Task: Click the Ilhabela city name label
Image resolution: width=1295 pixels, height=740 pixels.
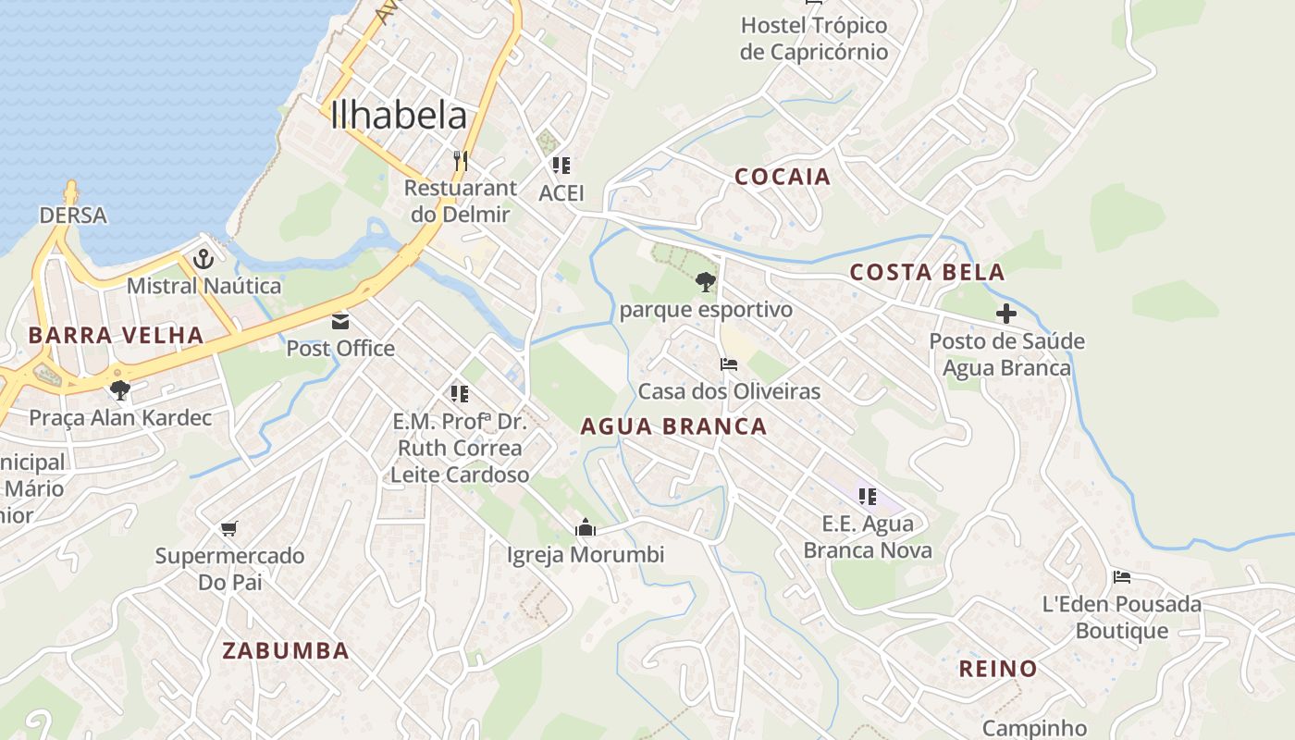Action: [399, 116]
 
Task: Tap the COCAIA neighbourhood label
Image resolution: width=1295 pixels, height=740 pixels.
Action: [783, 177]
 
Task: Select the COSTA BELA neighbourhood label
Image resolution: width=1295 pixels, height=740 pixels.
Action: [927, 272]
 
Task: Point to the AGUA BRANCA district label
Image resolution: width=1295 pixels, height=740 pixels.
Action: [673, 426]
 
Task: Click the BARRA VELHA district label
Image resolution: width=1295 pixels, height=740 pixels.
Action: [116, 335]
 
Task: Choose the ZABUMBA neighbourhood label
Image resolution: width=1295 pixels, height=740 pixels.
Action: [286, 650]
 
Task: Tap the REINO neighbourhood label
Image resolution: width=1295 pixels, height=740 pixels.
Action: [997, 669]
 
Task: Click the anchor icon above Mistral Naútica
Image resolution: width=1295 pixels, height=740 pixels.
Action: [203, 259]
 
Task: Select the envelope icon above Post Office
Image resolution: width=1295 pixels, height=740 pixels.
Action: [340, 322]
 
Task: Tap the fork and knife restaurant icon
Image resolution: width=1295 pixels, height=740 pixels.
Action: [461, 161]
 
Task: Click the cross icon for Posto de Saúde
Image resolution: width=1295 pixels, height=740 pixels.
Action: [1006, 314]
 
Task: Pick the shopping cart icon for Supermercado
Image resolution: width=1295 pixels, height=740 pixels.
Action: [229, 529]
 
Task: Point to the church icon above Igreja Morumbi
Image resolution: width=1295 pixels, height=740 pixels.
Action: [585, 528]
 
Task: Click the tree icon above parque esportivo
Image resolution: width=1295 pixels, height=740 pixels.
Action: [706, 281]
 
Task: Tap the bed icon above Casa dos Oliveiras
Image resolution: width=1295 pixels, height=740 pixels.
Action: [729, 364]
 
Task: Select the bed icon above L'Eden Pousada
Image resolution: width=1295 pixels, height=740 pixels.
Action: [1122, 577]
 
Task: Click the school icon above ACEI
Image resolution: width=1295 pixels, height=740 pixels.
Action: [561, 166]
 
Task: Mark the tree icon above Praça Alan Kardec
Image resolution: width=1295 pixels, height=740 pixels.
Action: [119, 389]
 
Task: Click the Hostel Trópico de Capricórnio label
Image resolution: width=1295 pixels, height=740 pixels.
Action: [814, 38]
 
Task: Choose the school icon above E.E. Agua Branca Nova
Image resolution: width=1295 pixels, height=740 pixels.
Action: [867, 497]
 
